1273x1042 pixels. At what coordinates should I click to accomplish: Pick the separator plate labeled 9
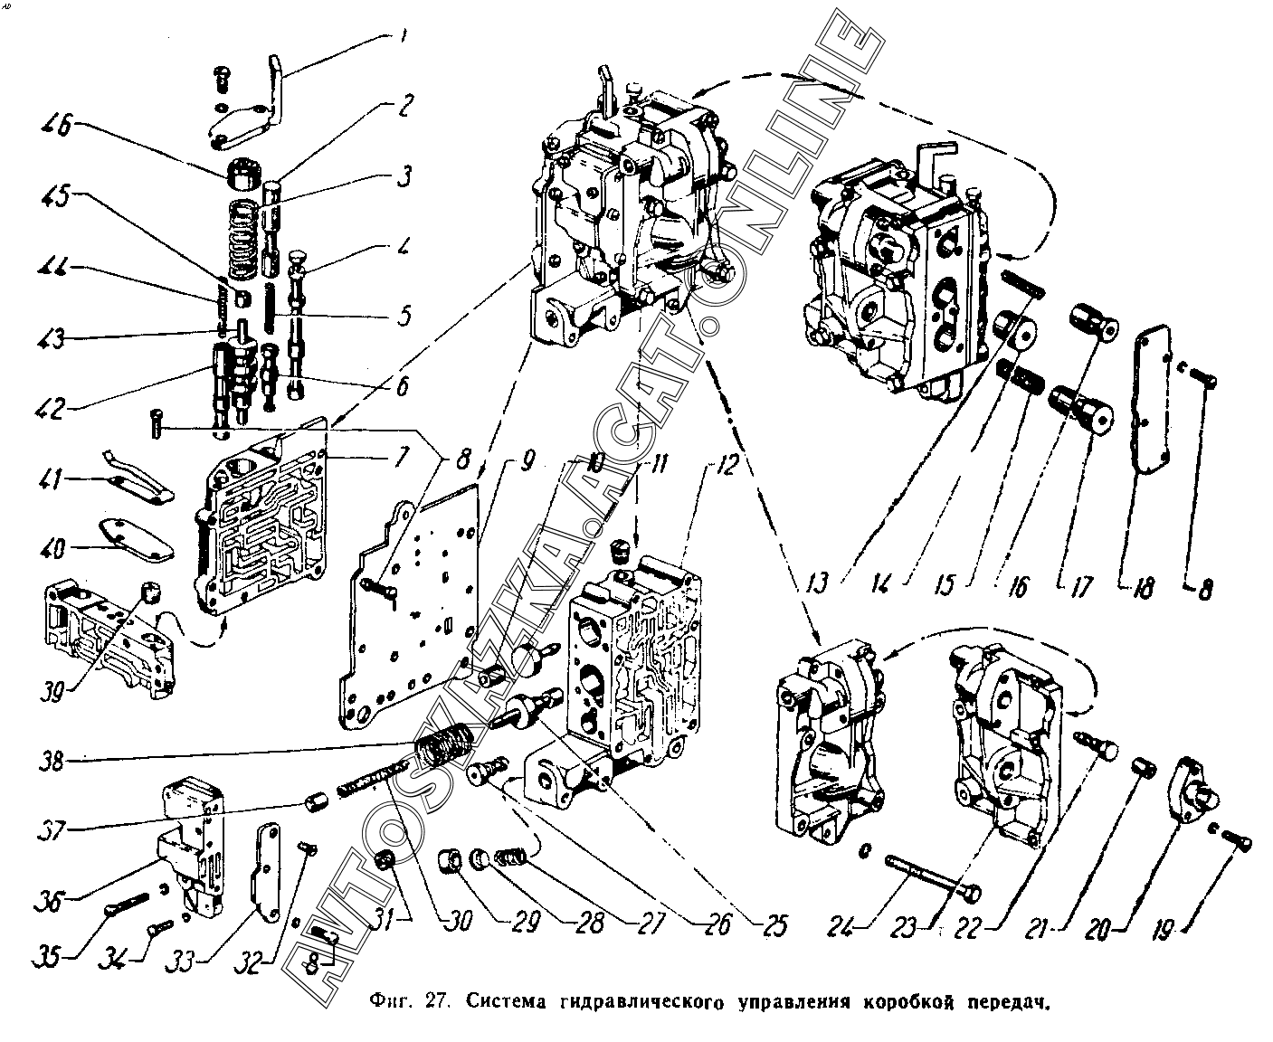click(412, 615)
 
